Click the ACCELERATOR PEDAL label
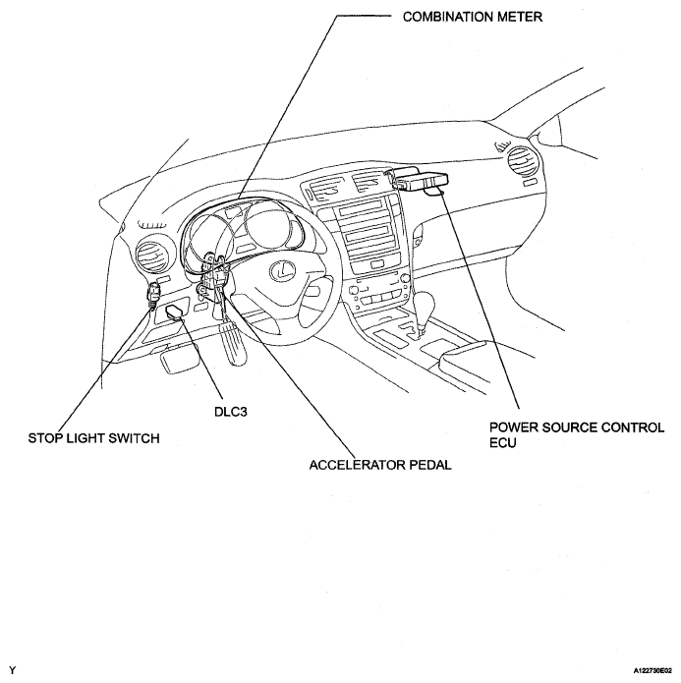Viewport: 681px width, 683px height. pyautogui.click(x=380, y=466)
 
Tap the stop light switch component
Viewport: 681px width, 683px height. pyautogui.click(x=154, y=294)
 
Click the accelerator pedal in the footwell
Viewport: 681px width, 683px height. pyautogui.click(x=237, y=350)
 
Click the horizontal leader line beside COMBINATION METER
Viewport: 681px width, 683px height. pyautogui.click(x=369, y=17)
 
